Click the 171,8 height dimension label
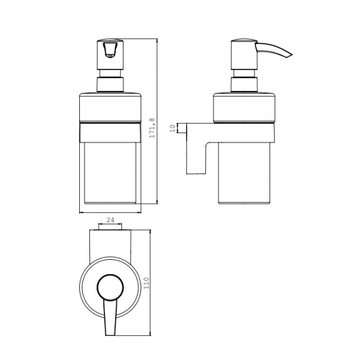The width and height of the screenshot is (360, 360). (152, 128)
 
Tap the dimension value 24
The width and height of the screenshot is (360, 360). (110, 220)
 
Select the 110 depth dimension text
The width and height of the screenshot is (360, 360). (146, 283)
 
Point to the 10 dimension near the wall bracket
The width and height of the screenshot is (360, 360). (174, 128)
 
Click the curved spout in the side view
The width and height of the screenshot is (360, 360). (273, 49)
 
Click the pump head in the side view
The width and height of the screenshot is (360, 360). (244, 54)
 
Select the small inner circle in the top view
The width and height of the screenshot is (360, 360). (110, 287)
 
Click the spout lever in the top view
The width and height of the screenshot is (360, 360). (110, 317)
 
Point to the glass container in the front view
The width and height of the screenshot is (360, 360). (110, 173)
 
